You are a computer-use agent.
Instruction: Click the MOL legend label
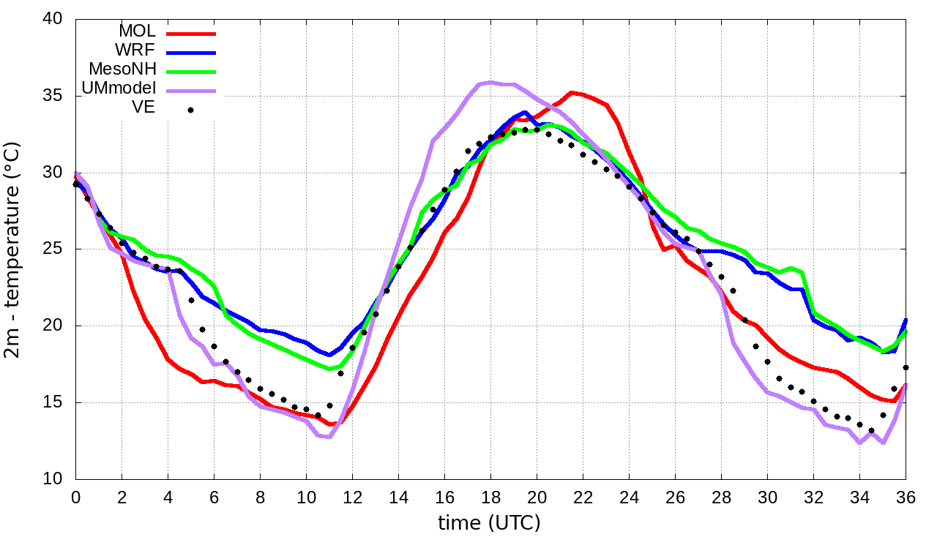137,32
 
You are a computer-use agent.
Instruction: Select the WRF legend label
135,51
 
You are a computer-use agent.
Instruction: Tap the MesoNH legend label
122,70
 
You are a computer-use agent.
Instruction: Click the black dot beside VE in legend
190,110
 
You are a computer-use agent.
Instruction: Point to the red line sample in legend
191,34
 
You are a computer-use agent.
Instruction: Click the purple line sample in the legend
191,91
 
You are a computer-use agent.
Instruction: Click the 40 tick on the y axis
52,20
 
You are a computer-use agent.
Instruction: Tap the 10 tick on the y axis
52,479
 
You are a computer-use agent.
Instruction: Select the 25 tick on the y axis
52,249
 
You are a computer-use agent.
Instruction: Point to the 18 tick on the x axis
490,497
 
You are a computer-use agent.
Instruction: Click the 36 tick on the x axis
906,497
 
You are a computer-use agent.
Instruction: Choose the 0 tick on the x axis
75,497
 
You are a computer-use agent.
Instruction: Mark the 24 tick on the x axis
629,497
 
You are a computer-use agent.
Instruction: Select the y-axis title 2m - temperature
13,249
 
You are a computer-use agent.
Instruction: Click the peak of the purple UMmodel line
490,82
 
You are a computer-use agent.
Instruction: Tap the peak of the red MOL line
572,92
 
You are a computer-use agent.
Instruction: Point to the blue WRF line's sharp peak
525,113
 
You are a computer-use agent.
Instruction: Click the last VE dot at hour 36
906,367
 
